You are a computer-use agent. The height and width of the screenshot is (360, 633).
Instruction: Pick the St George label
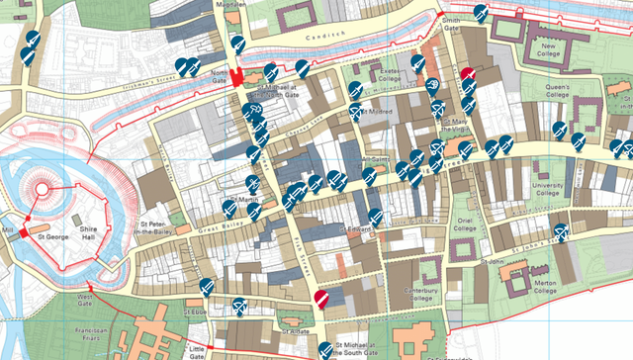(51, 237)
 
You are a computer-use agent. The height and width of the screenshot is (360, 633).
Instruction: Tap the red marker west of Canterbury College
(320, 298)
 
